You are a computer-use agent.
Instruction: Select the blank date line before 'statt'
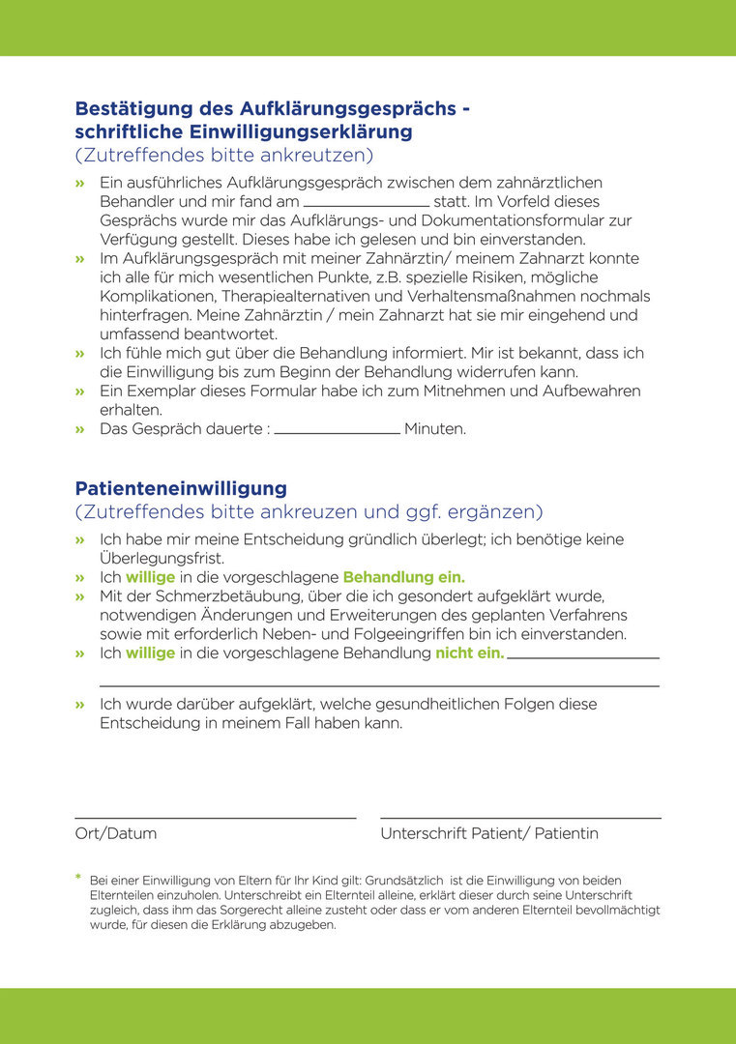pyautogui.click(x=367, y=205)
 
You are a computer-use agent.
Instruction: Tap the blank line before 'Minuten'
pyautogui.click(x=337, y=432)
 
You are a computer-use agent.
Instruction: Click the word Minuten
pyautogui.click(x=435, y=428)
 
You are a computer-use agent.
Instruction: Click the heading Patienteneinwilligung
pyautogui.click(x=181, y=488)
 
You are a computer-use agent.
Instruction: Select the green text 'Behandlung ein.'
pyautogui.click(x=404, y=577)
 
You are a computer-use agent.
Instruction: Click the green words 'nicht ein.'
pyautogui.click(x=470, y=653)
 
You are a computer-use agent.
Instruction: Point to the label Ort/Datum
pyautogui.click(x=116, y=833)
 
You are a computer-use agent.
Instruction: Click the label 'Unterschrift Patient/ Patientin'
pyautogui.click(x=489, y=833)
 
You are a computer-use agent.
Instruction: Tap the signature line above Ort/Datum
pyautogui.click(x=215, y=819)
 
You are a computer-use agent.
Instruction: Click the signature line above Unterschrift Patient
pyautogui.click(x=520, y=819)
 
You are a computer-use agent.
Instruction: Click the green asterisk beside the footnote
pyautogui.click(x=78, y=878)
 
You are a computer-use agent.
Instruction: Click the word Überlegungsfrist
pyautogui.click(x=162, y=559)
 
